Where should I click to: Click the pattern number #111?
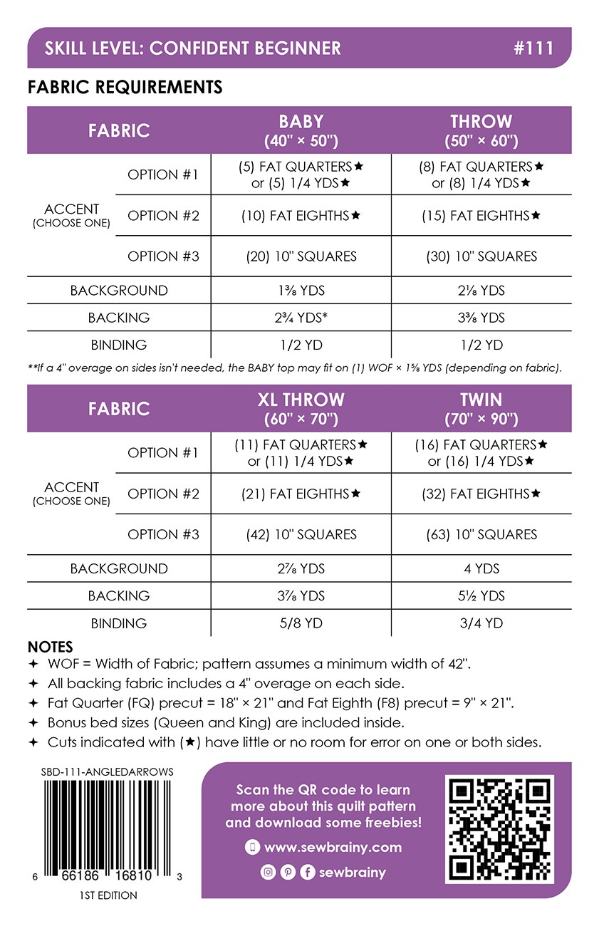click(x=533, y=48)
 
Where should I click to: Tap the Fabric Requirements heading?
click(x=125, y=87)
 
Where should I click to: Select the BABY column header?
click(x=301, y=130)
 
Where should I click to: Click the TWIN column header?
click(x=481, y=408)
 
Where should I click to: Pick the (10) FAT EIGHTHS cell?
click(x=301, y=215)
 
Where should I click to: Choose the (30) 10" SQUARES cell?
click(x=481, y=256)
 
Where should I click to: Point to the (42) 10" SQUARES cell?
click(x=301, y=534)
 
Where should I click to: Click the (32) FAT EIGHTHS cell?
click(x=481, y=494)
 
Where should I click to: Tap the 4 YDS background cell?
click(x=481, y=568)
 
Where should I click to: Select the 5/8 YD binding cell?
click(x=301, y=623)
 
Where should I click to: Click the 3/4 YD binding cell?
click(x=481, y=623)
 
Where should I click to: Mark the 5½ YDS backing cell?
click(x=481, y=595)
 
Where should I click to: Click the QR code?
click(x=499, y=830)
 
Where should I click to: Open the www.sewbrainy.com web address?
click(x=333, y=848)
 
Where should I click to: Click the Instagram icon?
click(x=268, y=872)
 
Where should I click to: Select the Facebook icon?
click(x=308, y=872)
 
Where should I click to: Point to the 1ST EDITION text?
click(x=108, y=895)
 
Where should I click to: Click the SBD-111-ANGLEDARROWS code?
click(x=108, y=771)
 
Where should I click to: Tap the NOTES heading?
click(x=50, y=647)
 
